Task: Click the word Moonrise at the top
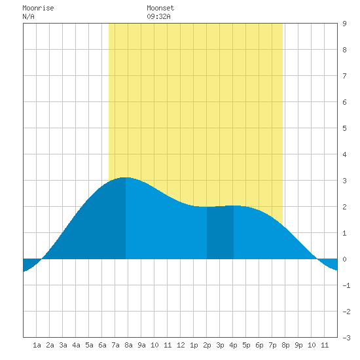point(38,8)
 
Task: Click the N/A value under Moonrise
point(28,16)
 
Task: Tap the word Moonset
point(160,8)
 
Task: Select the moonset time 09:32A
point(158,16)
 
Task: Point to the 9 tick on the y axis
point(344,24)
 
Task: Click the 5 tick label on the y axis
point(344,128)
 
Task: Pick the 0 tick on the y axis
point(344,259)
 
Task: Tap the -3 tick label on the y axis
point(346,338)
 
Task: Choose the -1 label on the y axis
point(346,285)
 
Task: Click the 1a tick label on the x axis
point(37,345)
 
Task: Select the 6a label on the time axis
point(102,345)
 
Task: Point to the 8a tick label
point(128,345)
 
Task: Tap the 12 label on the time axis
point(181,345)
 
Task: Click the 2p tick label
point(207,345)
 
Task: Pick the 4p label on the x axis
point(233,345)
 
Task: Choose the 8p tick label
point(285,345)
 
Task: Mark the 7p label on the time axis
point(272,345)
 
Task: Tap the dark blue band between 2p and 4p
point(220,232)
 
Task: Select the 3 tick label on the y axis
point(344,181)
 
